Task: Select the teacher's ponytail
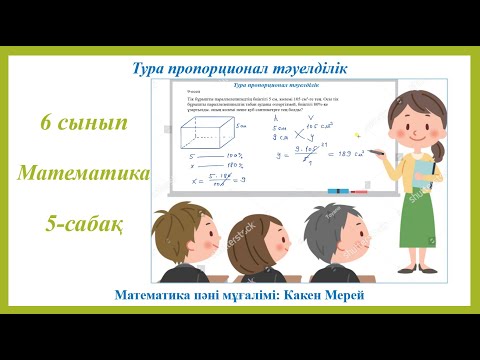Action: click(438, 150)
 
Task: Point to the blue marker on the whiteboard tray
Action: click(341, 190)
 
